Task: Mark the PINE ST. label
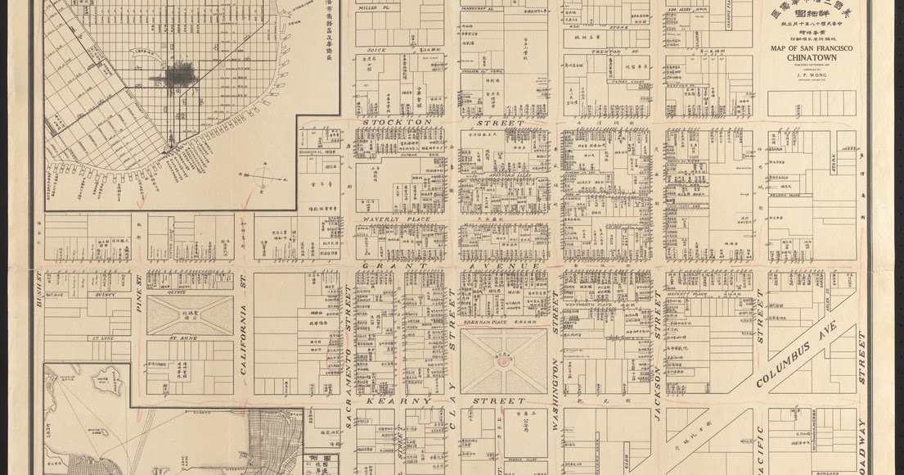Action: [138, 291]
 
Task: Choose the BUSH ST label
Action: [38, 287]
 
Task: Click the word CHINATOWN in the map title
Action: [810, 58]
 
